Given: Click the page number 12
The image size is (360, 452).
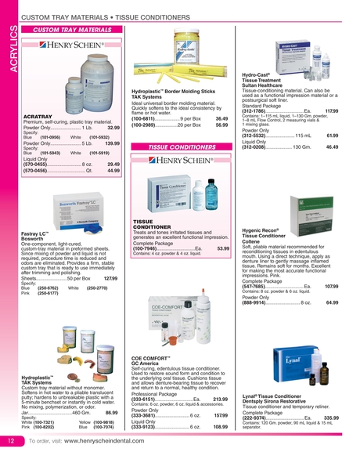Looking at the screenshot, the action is coord(9,442).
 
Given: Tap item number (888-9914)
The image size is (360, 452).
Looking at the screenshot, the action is coord(259,302).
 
